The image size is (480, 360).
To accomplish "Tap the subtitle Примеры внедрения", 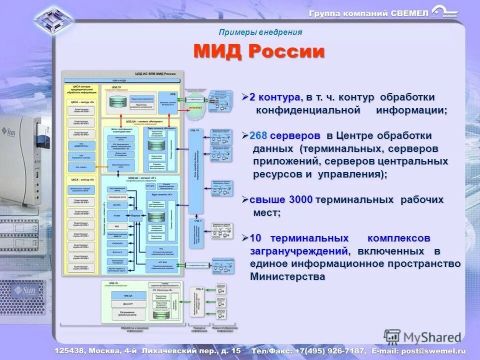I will coord(260,32).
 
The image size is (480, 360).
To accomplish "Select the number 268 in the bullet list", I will coord(258,136).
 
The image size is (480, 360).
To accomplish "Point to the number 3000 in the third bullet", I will coord(300,200).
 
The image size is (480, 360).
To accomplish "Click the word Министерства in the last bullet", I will coord(287,276).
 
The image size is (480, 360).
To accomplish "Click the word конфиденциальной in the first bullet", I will coord(308,110).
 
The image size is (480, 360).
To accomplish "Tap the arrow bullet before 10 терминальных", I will coord(245,237).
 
